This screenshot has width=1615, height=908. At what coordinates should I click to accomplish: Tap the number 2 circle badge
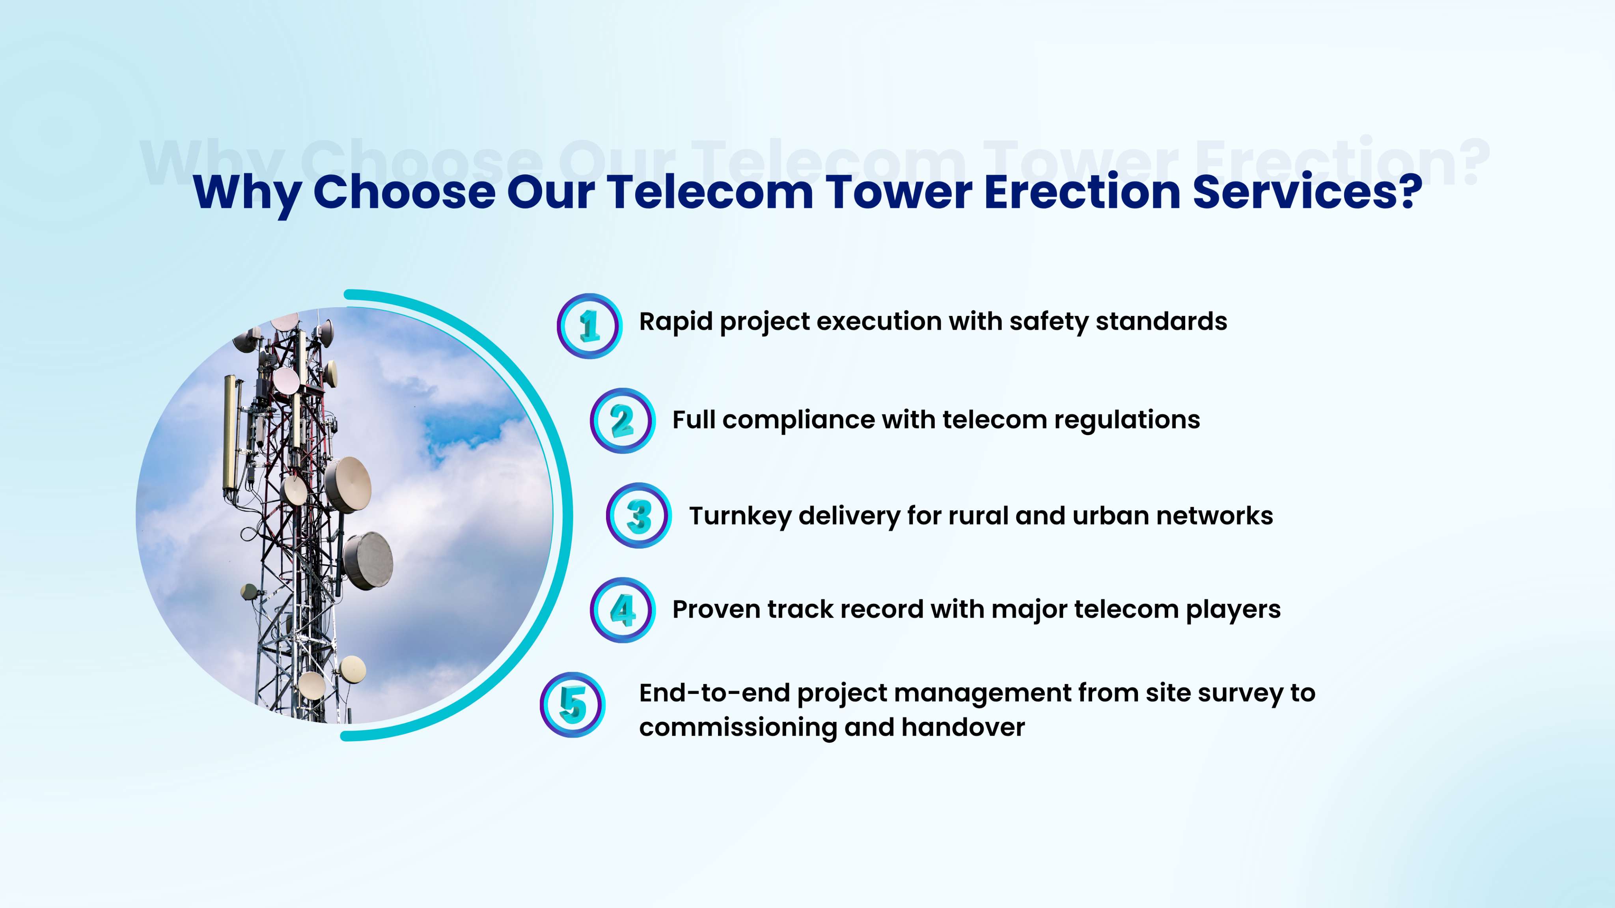tap(623, 421)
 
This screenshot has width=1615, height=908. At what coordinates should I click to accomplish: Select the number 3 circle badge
tap(639, 516)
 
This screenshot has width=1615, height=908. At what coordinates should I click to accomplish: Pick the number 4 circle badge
tap(623, 609)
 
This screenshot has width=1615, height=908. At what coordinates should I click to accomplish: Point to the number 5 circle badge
tap(573, 705)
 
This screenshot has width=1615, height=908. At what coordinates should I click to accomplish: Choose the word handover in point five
tap(963, 727)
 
